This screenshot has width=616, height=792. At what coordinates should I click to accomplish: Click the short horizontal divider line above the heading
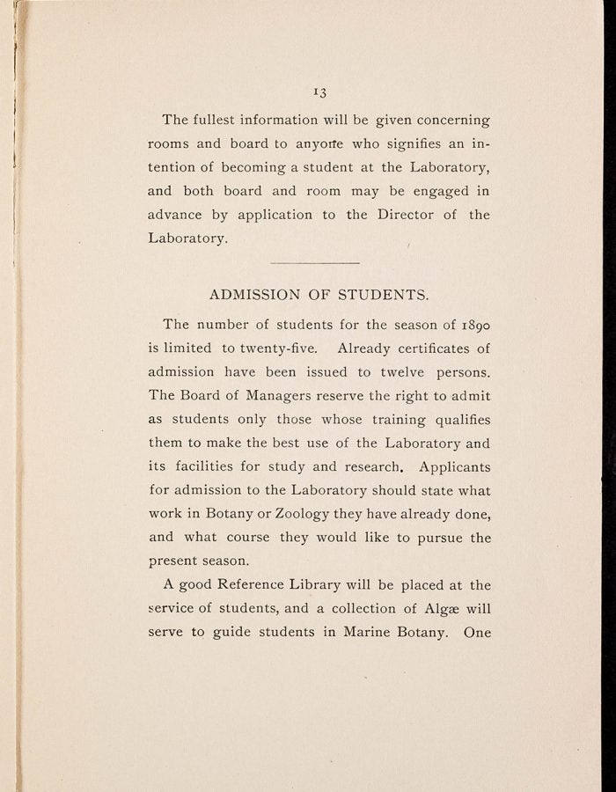point(316,262)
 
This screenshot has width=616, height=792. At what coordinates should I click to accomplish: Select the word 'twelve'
point(398,371)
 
